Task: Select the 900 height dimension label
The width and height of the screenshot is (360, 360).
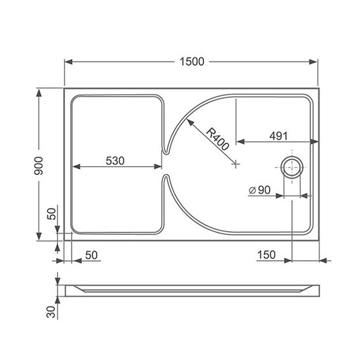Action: (40, 165)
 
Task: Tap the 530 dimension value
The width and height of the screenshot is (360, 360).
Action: (115, 160)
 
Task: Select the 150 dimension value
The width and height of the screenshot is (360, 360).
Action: (267, 255)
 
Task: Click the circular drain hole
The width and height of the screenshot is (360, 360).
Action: (292, 168)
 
